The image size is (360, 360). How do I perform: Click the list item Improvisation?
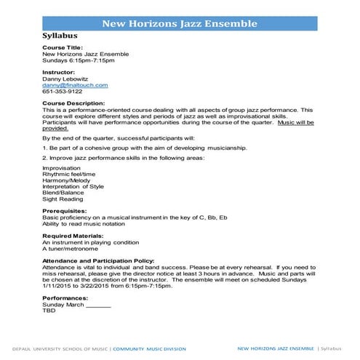click(x=62, y=167)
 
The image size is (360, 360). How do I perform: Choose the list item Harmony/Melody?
click(x=65, y=180)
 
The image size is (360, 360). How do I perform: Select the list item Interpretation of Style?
click(x=73, y=186)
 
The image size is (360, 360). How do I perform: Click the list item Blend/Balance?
click(x=64, y=193)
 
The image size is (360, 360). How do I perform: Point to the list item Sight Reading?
click(x=63, y=199)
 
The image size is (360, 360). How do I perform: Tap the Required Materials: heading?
click(x=74, y=236)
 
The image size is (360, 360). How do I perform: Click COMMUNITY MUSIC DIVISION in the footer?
click(x=150, y=349)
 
